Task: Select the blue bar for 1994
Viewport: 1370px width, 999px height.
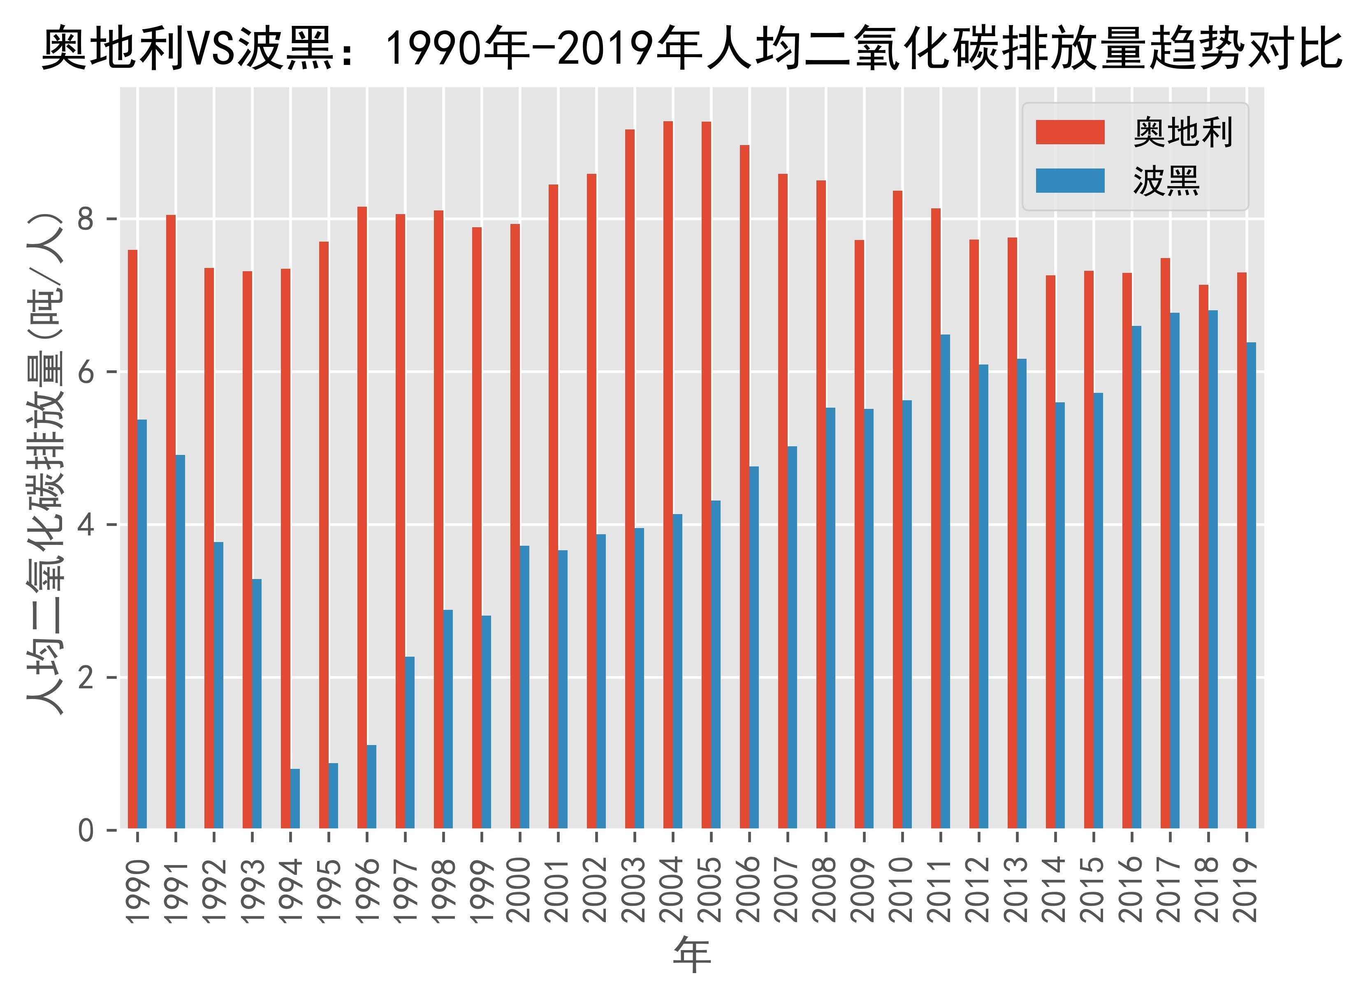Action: [295, 798]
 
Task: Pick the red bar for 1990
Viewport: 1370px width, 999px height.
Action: [132, 539]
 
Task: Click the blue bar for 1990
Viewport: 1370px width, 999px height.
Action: [142, 623]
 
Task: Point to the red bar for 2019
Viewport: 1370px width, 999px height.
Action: [1241, 550]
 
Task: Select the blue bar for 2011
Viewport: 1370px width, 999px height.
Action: [945, 581]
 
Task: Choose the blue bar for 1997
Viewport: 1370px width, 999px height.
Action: [410, 742]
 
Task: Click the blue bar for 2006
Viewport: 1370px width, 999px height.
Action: [754, 647]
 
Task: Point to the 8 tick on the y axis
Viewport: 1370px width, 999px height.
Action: [86, 219]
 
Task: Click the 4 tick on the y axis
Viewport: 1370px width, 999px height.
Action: [86, 525]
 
